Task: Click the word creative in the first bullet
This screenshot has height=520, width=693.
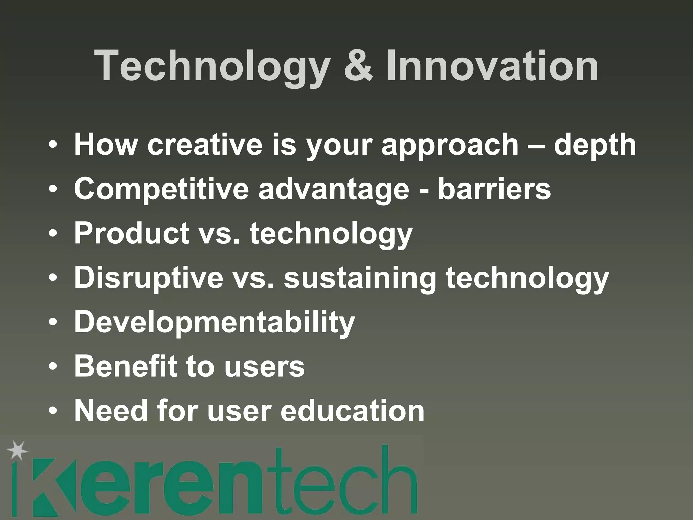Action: [x=205, y=145]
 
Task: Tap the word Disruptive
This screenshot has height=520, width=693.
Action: [x=149, y=278]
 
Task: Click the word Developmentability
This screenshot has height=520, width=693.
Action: [x=215, y=322]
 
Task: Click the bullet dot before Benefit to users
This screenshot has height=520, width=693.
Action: [x=53, y=367]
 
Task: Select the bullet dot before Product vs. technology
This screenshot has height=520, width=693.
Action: [x=53, y=234]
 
